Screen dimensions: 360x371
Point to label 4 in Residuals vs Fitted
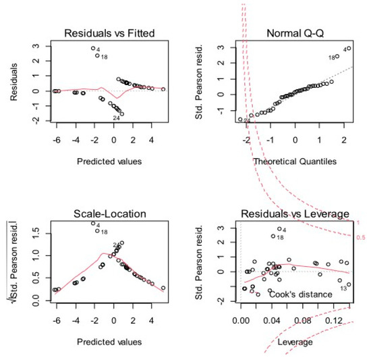coord(98,49)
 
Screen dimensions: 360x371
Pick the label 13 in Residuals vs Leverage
coord(343,288)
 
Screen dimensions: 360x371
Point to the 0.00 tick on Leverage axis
coord(241,322)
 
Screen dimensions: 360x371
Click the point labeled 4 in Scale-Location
coord(93,224)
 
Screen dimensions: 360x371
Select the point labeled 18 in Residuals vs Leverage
coord(273,236)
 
